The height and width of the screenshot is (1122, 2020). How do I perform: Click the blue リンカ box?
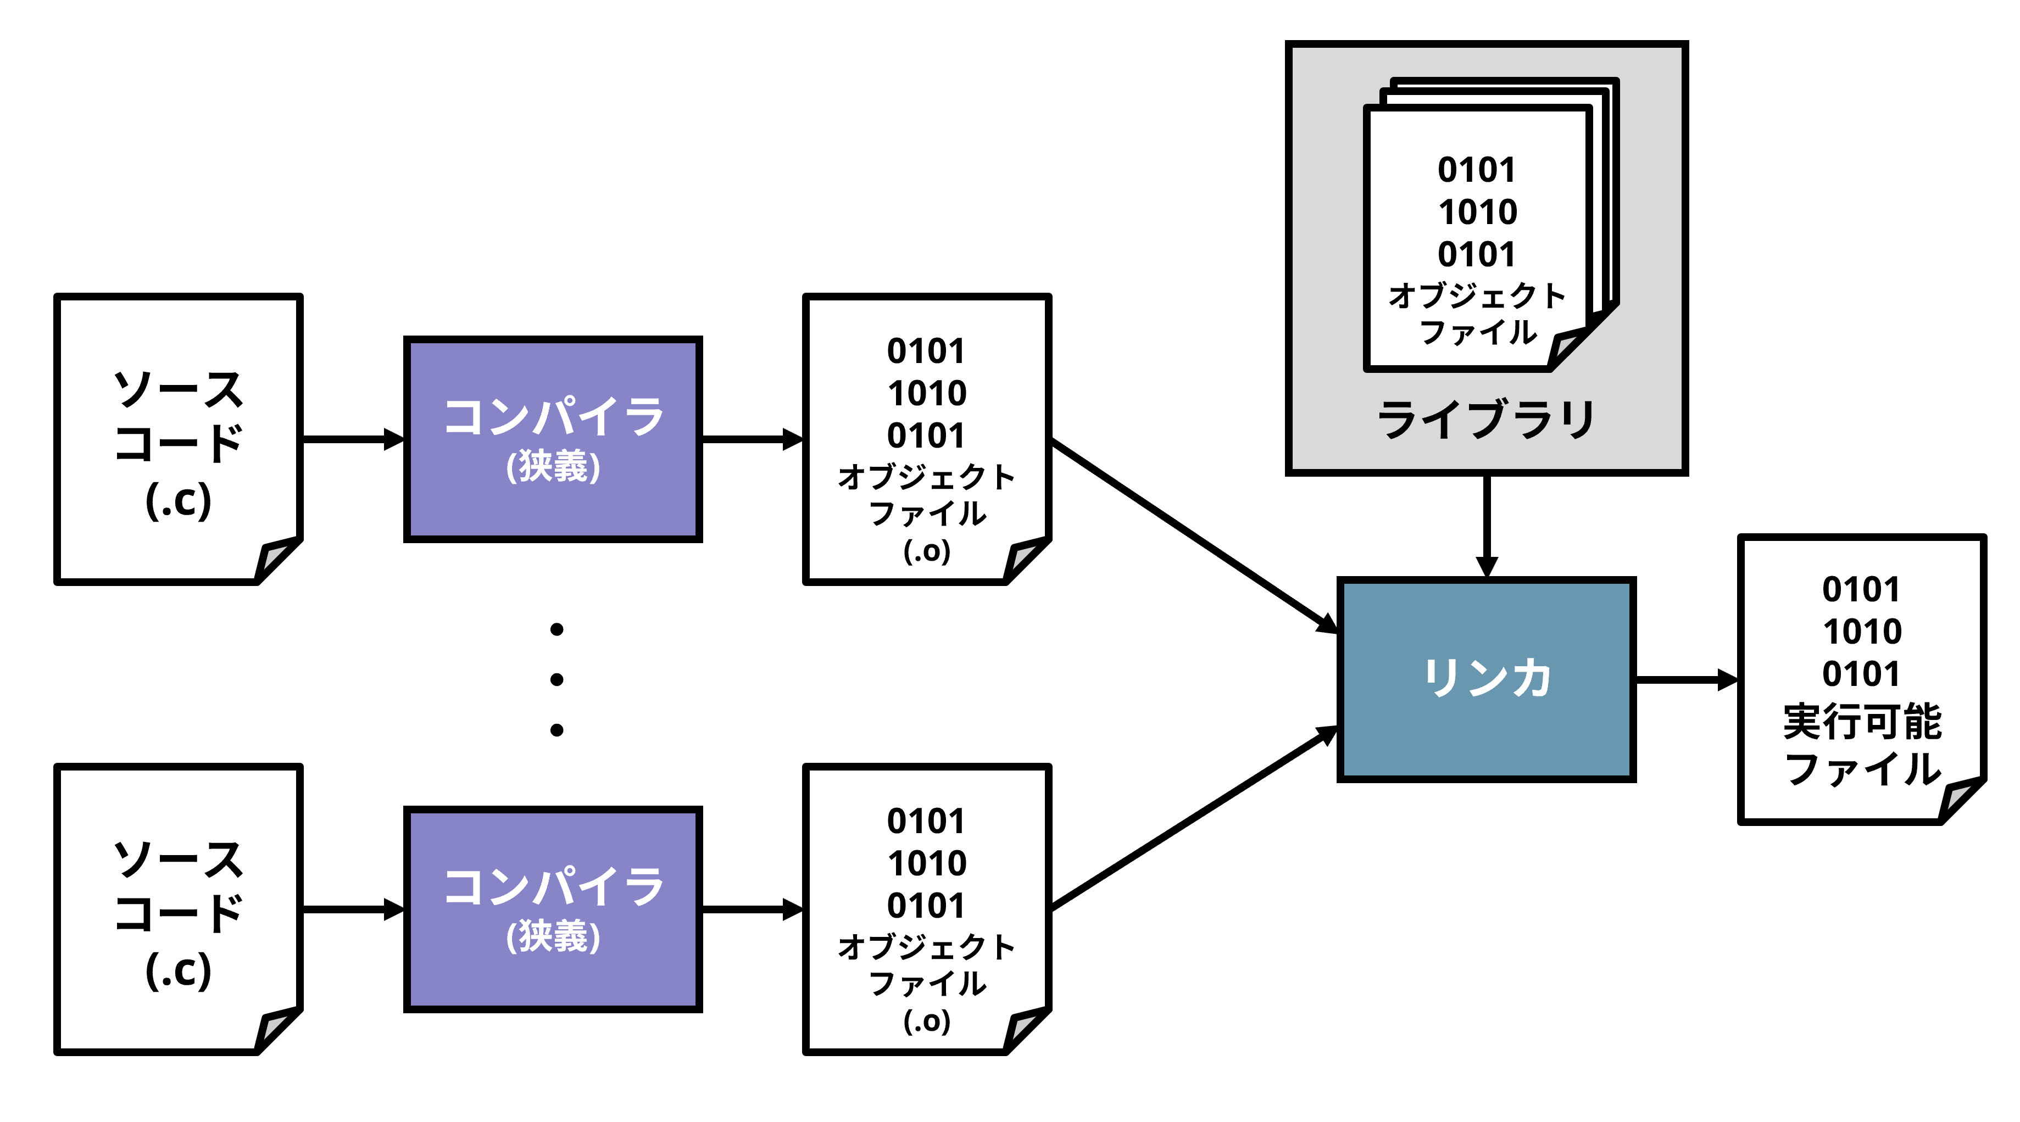point(1485,679)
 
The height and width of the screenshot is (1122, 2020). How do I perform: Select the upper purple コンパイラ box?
point(552,439)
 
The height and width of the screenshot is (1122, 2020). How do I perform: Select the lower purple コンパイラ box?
point(552,909)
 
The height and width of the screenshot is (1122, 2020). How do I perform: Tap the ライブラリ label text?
point(1485,420)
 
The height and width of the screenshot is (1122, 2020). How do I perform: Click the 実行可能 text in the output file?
point(1862,721)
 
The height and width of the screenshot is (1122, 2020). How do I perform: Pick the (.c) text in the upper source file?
point(179,500)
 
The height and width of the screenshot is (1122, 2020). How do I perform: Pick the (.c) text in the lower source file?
point(179,970)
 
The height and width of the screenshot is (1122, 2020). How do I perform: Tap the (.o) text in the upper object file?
point(926,551)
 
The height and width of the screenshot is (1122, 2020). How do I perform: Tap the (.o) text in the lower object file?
point(926,1021)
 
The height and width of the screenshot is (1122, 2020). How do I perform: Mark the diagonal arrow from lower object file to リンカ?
point(1192,819)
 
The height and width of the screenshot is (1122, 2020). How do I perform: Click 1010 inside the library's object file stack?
point(1477,211)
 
